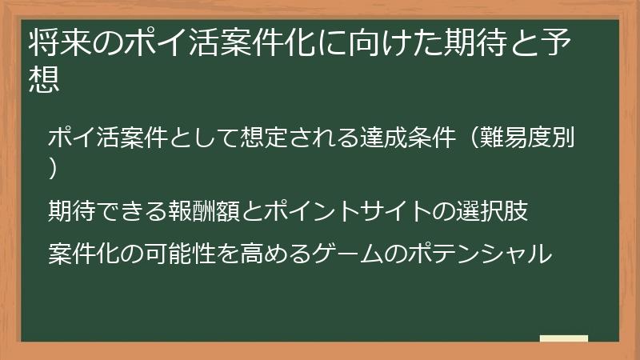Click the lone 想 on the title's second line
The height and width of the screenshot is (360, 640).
pyautogui.click(x=43, y=80)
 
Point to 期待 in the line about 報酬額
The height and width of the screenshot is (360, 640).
pyautogui.click(x=72, y=211)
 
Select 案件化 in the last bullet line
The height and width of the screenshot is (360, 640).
pyautogui.click(x=84, y=254)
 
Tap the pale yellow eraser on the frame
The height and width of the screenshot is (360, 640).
pyautogui.click(x=564, y=339)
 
